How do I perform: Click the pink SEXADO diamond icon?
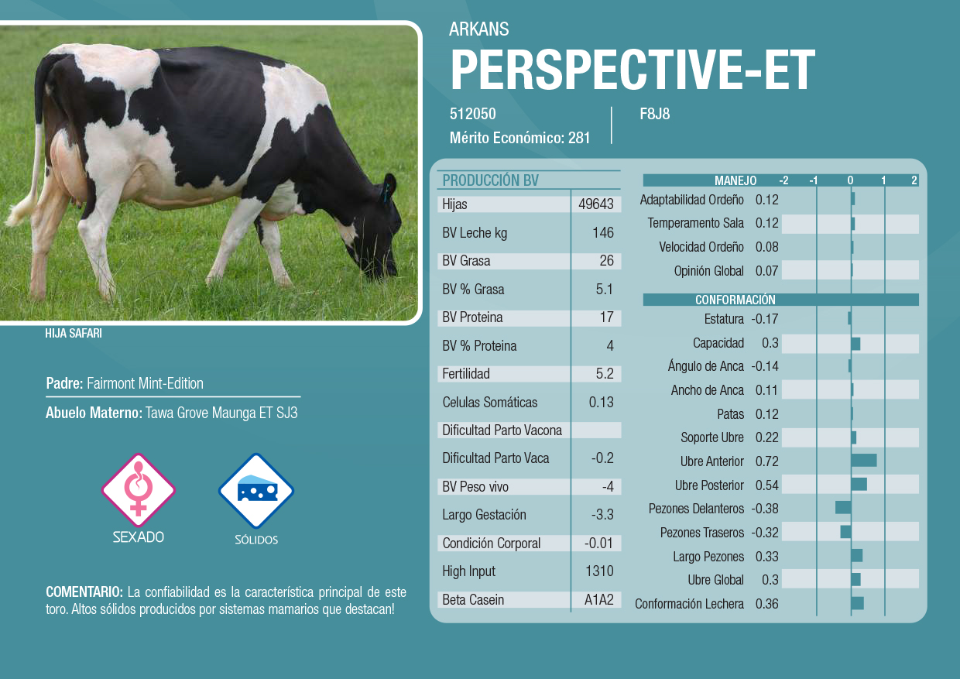click(139, 490)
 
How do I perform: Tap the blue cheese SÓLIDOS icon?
click(256, 490)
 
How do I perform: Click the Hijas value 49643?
click(595, 204)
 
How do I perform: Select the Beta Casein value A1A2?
click(598, 599)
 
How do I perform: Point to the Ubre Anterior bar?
click(864, 461)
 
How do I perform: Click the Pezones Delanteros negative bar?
click(843, 508)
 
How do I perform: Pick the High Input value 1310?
click(599, 571)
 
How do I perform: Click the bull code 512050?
click(473, 114)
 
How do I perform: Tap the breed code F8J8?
click(654, 114)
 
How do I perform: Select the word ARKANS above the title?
click(478, 29)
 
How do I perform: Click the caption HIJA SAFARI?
click(74, 333)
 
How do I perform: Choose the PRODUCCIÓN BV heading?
click(490, 180)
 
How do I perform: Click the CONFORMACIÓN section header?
click(735, 300)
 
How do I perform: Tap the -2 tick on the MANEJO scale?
click(783, 180)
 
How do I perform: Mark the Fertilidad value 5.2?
click(605, 373)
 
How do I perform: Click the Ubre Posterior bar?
click(859, 485)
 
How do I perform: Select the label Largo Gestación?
click(484, 514)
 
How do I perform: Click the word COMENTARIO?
click(84, 592)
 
